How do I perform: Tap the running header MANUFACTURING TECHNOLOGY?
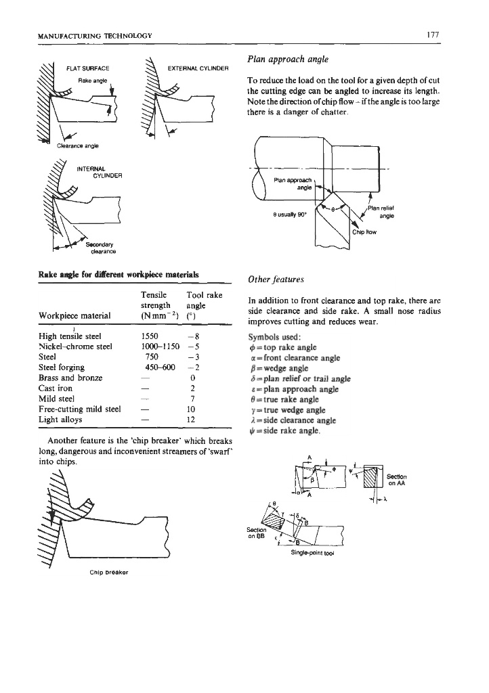click(x=95, y=35)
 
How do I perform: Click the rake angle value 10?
click(x=193, y=409)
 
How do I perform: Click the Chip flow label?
click(x=364, y=231)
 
